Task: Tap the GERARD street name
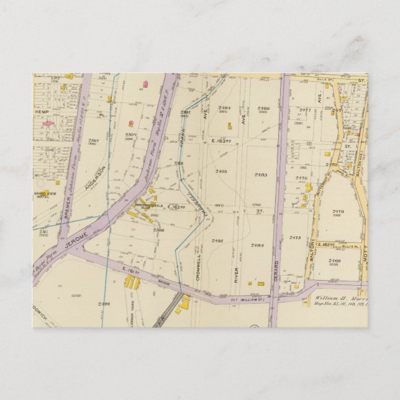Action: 276,272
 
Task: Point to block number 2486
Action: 263,108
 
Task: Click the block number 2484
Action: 258,245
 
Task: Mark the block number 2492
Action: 217,241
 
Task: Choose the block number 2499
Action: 104,304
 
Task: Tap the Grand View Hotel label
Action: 45,194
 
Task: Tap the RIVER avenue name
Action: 236,274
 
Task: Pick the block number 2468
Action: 335,261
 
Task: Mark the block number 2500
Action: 158,230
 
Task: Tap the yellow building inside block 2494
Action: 229,126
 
